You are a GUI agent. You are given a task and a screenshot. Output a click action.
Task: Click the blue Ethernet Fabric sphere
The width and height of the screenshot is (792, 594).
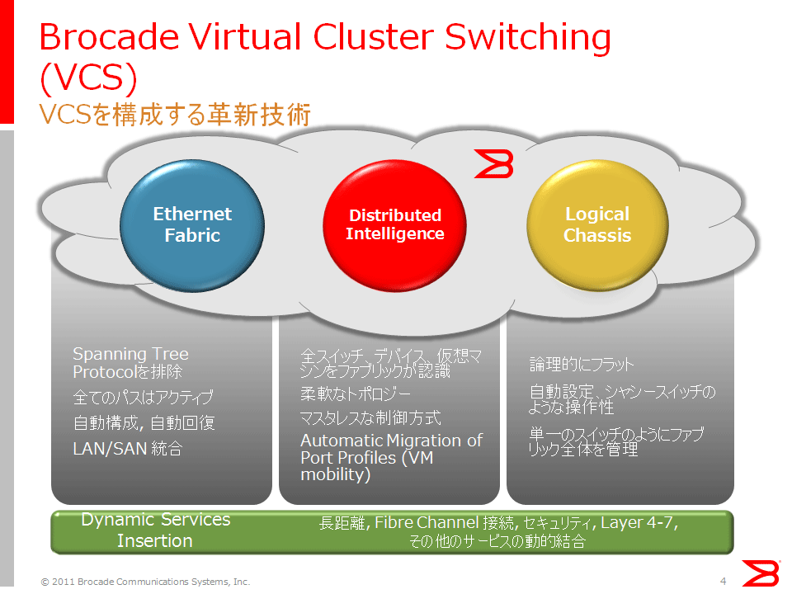192,225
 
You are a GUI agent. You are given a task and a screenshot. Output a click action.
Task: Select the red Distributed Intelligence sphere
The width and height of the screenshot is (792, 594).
394,225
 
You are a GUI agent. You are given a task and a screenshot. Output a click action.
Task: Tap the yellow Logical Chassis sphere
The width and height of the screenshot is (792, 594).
597,225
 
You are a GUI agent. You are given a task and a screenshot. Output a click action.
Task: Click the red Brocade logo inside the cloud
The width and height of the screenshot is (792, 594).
494,163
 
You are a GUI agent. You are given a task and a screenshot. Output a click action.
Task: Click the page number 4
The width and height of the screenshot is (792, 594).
724,582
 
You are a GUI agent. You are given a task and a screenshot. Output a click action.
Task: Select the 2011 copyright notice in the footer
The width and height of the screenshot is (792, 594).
145,582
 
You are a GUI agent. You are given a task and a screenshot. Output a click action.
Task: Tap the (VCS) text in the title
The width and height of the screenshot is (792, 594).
88,78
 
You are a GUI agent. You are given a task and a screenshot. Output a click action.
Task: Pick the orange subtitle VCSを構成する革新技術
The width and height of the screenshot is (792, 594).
175,114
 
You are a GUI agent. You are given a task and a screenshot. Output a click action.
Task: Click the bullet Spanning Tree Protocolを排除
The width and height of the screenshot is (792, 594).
131,363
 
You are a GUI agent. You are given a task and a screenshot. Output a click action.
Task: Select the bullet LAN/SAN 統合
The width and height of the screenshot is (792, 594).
128,449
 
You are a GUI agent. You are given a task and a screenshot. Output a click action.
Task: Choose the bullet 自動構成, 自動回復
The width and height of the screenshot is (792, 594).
144,422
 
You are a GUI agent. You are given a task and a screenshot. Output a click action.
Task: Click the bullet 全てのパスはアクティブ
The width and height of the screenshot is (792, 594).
143,397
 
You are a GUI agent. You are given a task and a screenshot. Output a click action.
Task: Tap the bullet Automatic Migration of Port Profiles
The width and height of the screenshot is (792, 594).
391,458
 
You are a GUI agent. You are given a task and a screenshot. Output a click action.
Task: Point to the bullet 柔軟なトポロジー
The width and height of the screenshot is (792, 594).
356,394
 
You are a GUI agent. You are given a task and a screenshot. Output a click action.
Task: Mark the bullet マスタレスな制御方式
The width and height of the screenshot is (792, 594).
370,417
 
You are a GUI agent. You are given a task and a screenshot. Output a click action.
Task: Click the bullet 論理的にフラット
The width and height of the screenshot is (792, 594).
582,364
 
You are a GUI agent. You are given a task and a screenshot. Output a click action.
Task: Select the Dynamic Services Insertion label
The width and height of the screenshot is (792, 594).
156,530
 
